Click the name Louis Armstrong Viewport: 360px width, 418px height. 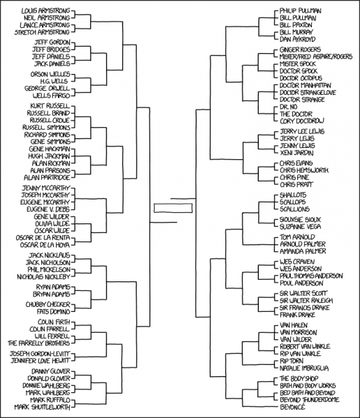(45, 11)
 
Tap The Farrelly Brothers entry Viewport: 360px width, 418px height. (40, 343)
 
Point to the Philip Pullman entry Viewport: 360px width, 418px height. (299, 11)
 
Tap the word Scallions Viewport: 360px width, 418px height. (294, 208)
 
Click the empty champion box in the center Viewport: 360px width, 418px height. (173, 207)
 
